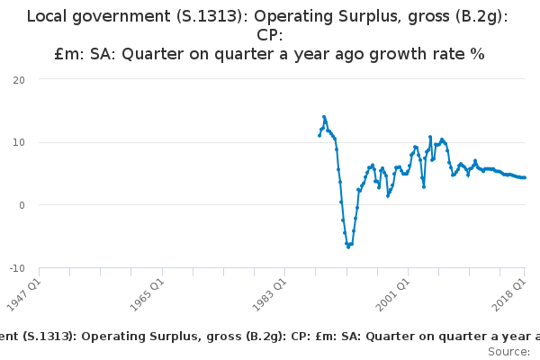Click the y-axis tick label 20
point(19,80)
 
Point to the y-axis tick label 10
point(19,142)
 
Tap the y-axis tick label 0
point(22,205)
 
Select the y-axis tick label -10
point(17,268)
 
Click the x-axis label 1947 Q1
point(24,295)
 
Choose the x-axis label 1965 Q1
point(147,295)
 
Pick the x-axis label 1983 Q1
point(270,295)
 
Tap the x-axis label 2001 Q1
point(393,295)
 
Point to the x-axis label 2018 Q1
point(509,295)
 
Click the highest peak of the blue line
point(324,117)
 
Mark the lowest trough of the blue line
point(348,247)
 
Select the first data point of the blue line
point(319,135)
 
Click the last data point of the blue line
point(525,177)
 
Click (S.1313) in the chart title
point(210,16)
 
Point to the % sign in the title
point(479,54)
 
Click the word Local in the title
point(47,16)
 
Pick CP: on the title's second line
point(270,35)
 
